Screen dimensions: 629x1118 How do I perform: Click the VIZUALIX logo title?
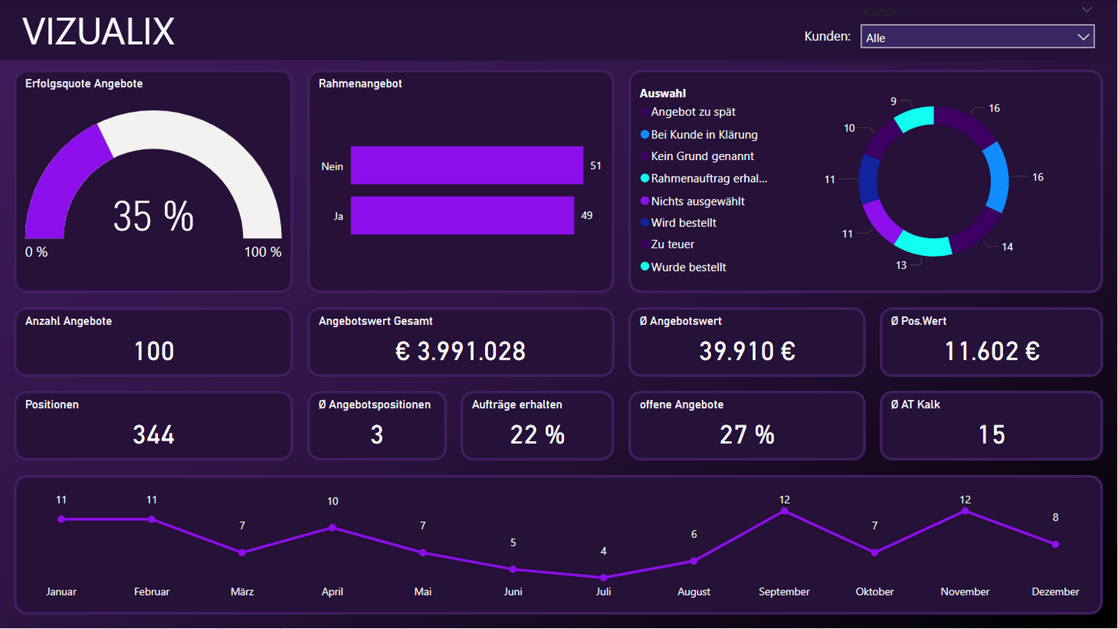pyautogui.click(x=98, y=32)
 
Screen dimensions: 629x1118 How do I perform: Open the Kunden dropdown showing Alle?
pyautogui.click(x=976, y=37)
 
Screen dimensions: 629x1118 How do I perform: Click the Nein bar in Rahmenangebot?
pyautogui.click(x=467, y=166)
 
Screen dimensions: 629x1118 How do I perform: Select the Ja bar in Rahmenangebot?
pyautogui.click(x=462, y=215)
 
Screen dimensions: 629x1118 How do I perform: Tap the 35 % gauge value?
pyautogui.click(x=153, y=217)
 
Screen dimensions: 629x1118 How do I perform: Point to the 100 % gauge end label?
pyautogui.click(x=264, y=252)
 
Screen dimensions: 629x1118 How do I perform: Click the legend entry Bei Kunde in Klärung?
pyautogui.click(x=704, y=135)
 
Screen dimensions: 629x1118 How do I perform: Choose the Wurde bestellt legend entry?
pyautogui.click(x=689, y=267)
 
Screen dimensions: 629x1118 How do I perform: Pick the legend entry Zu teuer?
pyautogui.click(x=672, y=244)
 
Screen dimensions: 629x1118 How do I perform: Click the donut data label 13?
pyautogui.click(x=901, y=265)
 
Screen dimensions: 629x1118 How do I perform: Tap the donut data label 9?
pyautogui.click(x=894, y=101)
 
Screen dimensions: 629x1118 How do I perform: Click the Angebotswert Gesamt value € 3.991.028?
pyautogui.click(x=460, y=351)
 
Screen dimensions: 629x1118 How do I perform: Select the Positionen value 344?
pyautogui.click(x=153, y=435)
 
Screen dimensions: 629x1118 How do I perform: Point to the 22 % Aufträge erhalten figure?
pyautogui.click(x=537, y=435)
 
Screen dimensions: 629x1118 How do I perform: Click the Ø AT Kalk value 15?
pyautogui.click(x=991, y=435)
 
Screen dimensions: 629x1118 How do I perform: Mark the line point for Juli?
pyautogui.click(x=603, y=577)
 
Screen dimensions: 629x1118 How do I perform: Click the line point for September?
pyautogui.click(x=785, y=511)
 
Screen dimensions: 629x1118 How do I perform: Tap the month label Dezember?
pyautogui.click(x=1055, y=592)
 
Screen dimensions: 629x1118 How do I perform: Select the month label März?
pyautogui.click(x=242, y=592)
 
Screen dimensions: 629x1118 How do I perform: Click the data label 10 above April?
pyautogui.click(x=333, y=501)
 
